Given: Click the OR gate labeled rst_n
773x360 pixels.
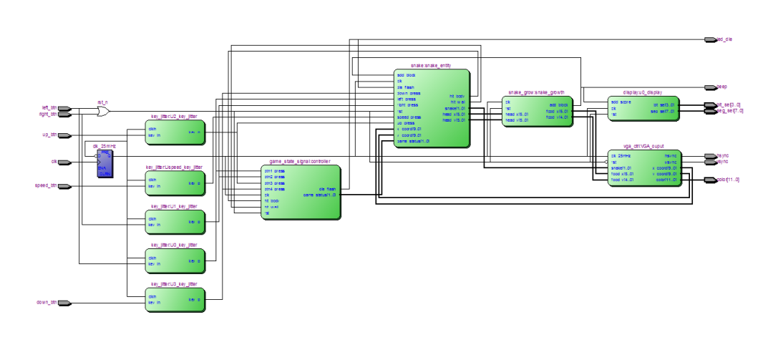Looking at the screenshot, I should (x=103, y=112).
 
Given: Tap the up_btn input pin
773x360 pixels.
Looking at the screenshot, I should (x=64, y=135).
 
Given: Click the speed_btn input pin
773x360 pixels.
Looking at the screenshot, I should (x=64, y=186).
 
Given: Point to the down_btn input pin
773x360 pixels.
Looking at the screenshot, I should (x=64, y=303).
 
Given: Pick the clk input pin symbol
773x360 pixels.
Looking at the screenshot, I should (x=64, y=162).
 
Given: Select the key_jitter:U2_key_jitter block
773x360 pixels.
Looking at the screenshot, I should (x=175, y=132).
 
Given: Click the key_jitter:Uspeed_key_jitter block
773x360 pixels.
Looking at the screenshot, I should (x=175, y=184).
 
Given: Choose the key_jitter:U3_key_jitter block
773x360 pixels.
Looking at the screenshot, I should (x=175, y=300).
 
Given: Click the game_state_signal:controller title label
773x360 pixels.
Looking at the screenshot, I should (x=299, y=162).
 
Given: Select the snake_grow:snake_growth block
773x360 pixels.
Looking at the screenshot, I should (x=538, y=112).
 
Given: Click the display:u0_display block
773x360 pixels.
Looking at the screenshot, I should (x=641, y=109).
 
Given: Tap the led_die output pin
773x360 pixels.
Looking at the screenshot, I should (x=710, y=39).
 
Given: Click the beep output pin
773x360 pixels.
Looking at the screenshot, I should (x=710, y=87).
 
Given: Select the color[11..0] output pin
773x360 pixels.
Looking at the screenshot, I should (x=710, y=180).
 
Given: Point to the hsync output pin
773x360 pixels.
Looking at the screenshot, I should (x=710, y=155).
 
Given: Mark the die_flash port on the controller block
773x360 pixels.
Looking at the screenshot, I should (x=326, y=189).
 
